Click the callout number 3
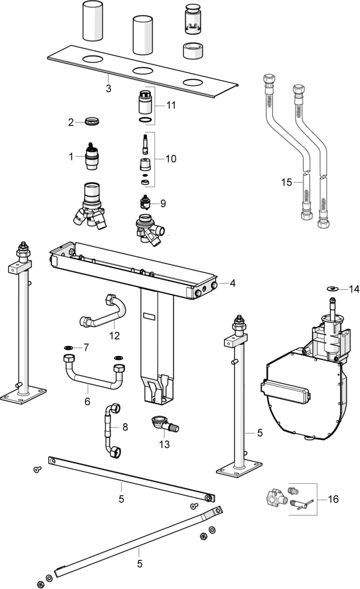(109, 88)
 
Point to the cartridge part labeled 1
(92, 157)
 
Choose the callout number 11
(171, 106)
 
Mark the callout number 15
(286, 182)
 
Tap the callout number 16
(333, 499)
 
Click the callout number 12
(114, 335)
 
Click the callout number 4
(233, 283)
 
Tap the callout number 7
(86, 347)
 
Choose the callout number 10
(171, 158)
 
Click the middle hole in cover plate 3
(143, 71)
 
